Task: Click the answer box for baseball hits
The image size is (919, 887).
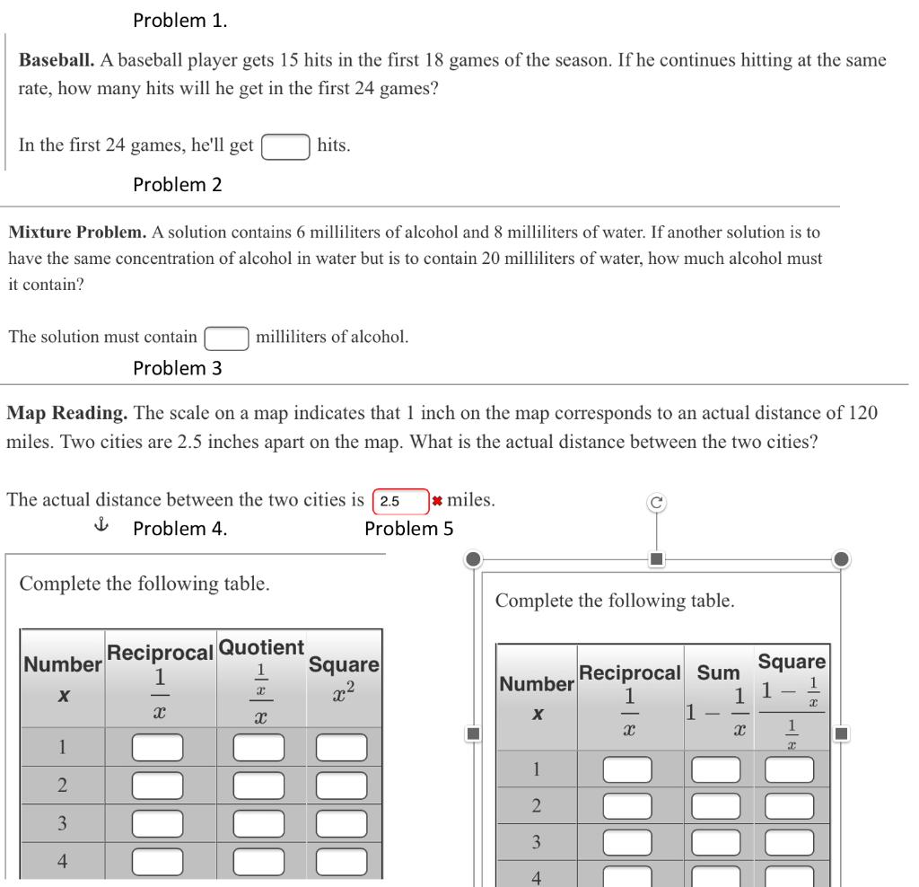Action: pyautogui.click(x=286, y=146)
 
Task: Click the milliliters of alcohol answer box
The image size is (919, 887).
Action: pyautogui.click(x=226, y=338)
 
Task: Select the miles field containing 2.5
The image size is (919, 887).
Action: pyautogui.click(x=399, y=501)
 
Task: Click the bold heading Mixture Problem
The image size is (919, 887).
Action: pyautogui.click(x=77, y=233)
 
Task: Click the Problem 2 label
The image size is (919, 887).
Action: pyautogui.click(x=178, y=185)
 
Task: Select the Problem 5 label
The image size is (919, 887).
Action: pyautogui.click(x=408, y=529)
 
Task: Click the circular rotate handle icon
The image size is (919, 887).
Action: pyautogui.click(x=657, y=504)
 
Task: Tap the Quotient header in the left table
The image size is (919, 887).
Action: pyautogui.click(x=261, y=647)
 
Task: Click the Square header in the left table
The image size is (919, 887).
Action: pyautogui.click(x=344, y=665)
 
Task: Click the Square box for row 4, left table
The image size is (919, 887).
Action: pyautogui.click(x=341, y=862)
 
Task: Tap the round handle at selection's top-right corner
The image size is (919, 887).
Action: pyautogui.click(x=841, y=559)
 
